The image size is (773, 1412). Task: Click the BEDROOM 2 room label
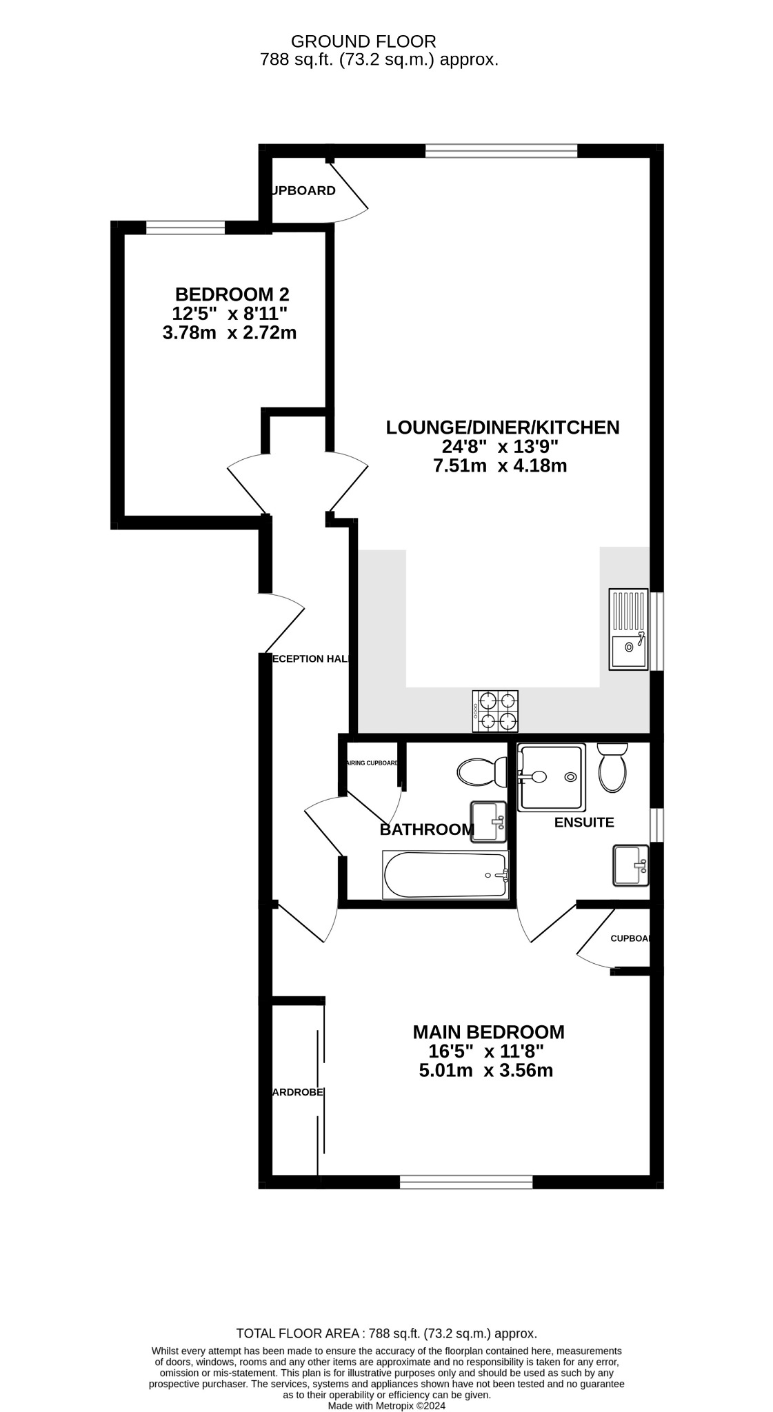coord(232,294)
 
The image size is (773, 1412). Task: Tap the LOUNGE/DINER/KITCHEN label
coord(502,427)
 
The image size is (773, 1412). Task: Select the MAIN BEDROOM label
coord(488,1032)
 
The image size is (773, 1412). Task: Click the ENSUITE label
coord(584,823)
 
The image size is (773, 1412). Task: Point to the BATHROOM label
coord(427,829)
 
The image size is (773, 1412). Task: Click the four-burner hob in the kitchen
coord(495,711)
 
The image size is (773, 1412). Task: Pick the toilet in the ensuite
coord(612,767)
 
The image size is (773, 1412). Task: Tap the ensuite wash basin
coord(630,865)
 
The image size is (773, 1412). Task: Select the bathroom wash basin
coord(488,820)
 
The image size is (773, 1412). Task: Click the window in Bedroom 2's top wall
coord(185,228)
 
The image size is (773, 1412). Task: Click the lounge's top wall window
coord(501,151)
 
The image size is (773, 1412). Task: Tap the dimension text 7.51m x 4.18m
coord(500,466)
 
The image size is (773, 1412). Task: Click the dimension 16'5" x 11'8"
coord(486,1051)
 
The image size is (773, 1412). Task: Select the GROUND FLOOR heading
coord(363,41)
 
